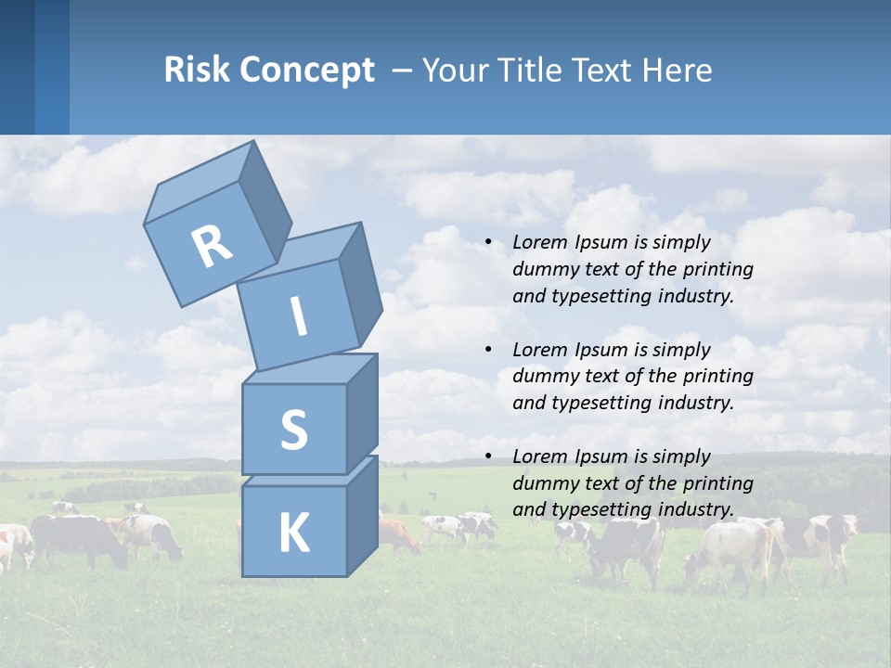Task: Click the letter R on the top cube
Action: [x=212, y=246]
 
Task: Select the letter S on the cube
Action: [x=293, y=430]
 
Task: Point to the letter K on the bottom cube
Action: [x=293, y=533]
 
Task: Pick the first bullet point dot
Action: [x=488, y=243]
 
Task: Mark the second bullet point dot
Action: [x=488, y=350]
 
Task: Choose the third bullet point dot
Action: [x=488, y=456]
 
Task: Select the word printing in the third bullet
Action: [x=719, y=483]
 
